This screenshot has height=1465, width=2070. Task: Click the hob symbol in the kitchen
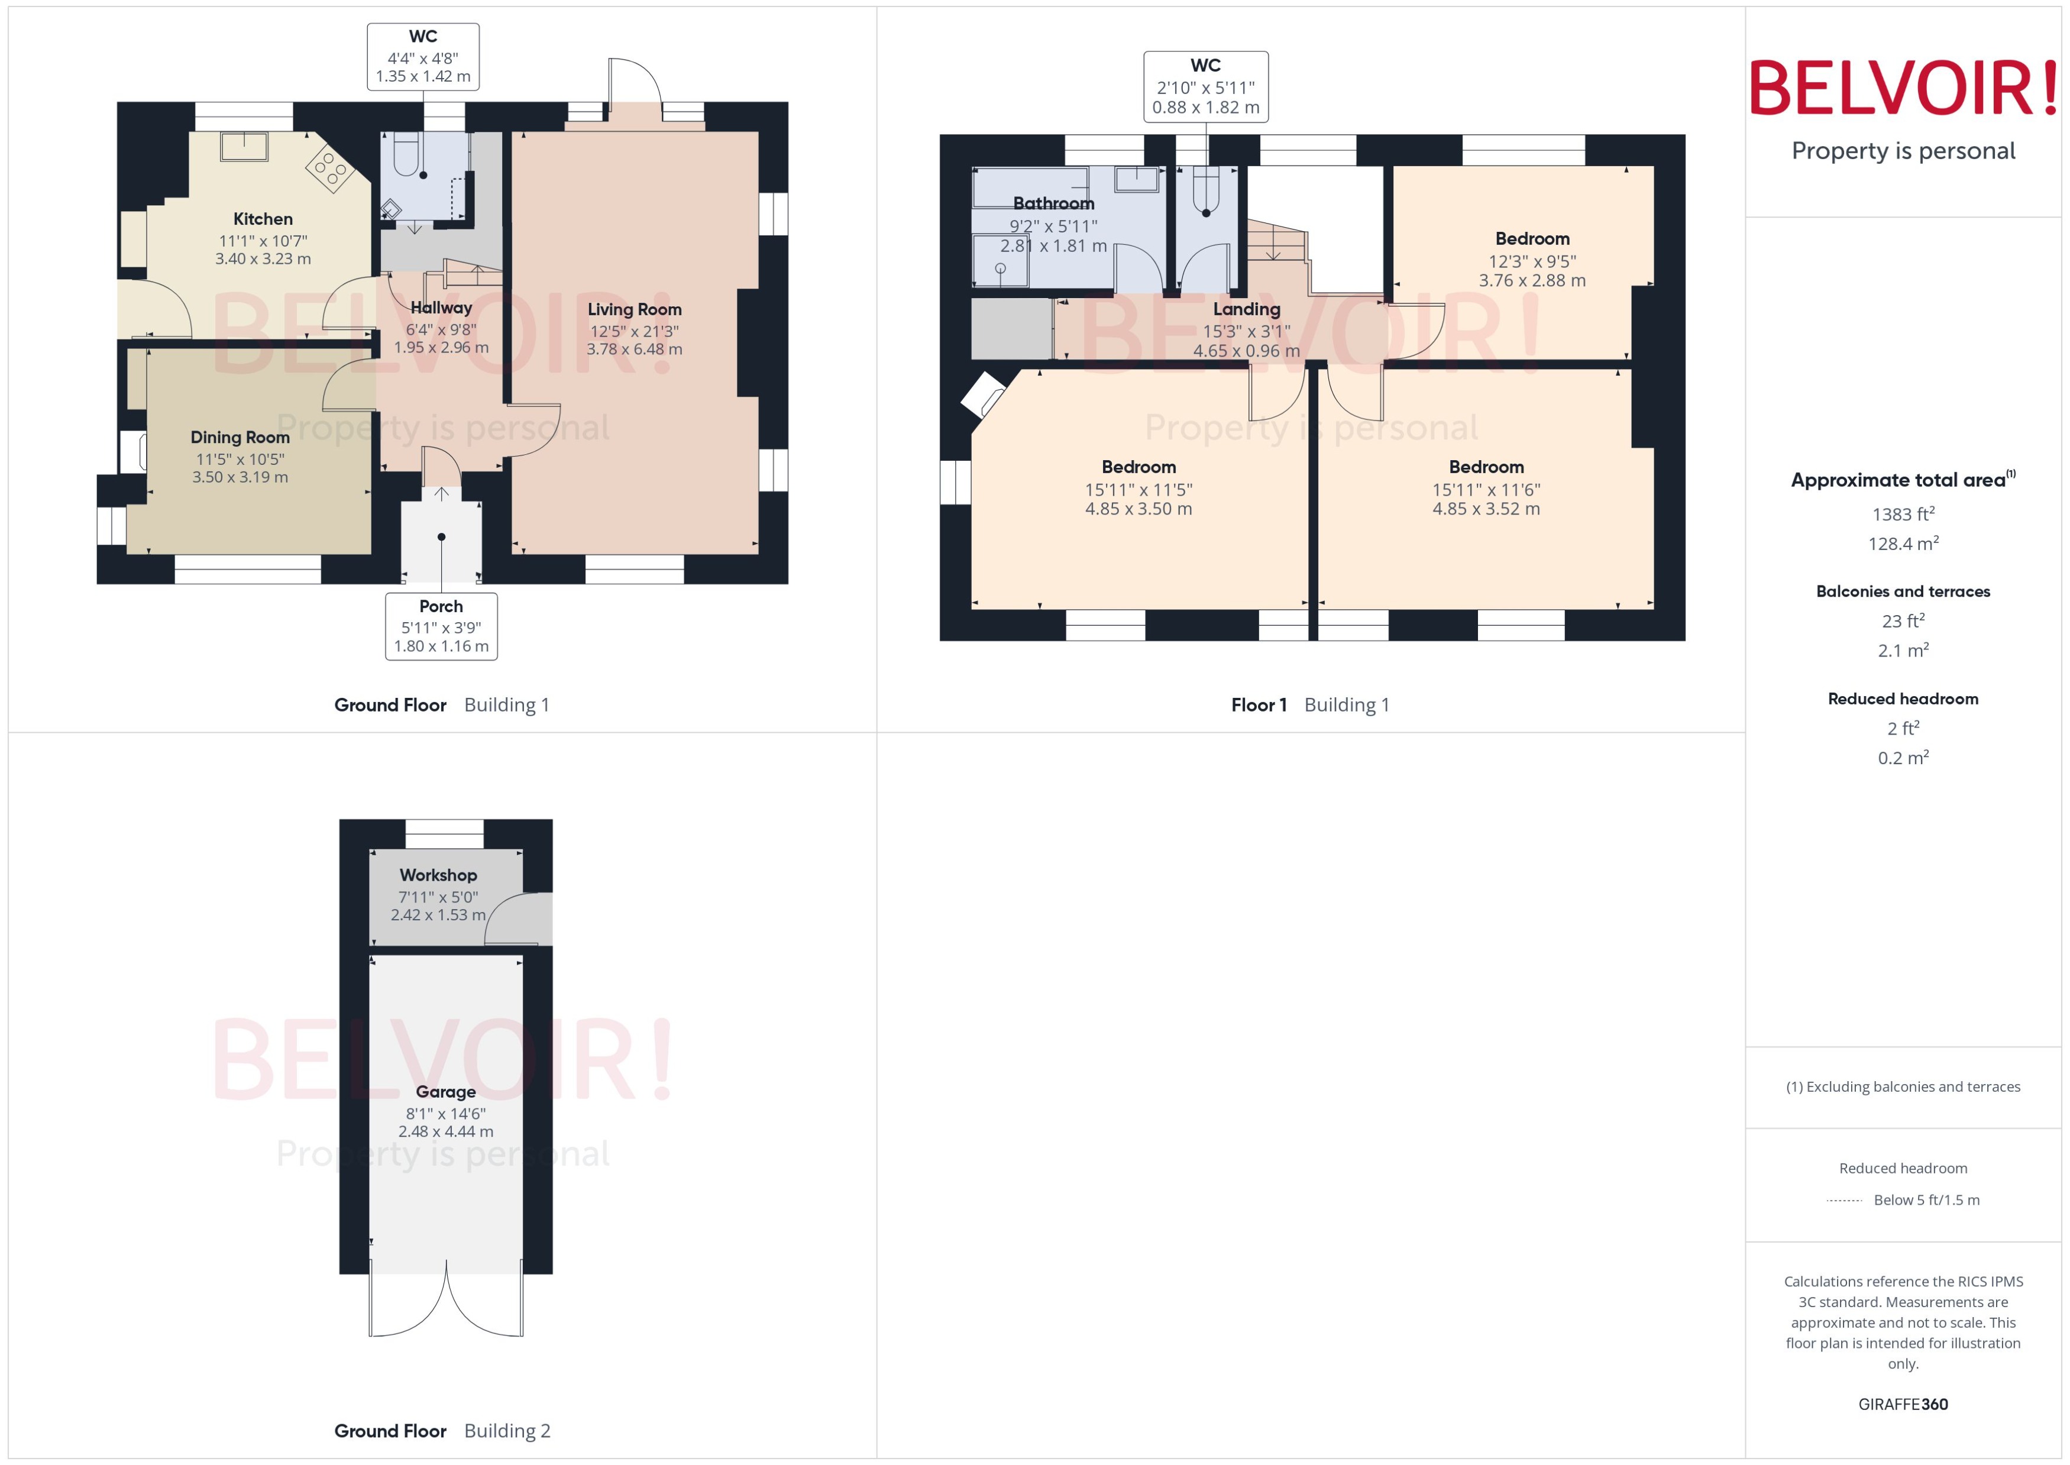(x=329, y=169)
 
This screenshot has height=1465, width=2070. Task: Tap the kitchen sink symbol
(x=244, y=145)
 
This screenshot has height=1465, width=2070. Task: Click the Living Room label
(x=634, y=309)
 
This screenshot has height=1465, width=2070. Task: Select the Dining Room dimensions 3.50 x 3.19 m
(x=240, y=477)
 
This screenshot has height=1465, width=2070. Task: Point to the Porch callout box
(x=441, y=626)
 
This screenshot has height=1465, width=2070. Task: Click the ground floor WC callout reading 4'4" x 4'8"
(x=423, y=57)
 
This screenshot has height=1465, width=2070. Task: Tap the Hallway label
(x=441, y=308)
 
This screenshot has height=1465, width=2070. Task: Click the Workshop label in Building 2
(x=438, y=875)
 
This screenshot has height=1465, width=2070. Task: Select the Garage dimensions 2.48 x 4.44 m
(x=445, y=1131)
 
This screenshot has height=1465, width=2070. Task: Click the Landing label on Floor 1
(x=1247, y=309)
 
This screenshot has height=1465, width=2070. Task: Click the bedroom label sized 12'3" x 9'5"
(x=1532, y=239)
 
